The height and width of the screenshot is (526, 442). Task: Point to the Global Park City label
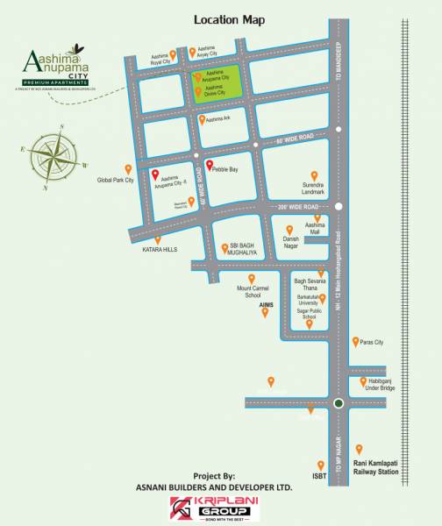(x=115, y=180)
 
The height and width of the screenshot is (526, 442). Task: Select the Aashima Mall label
(x=315, y=227)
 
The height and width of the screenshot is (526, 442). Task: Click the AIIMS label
(x=267, y=303)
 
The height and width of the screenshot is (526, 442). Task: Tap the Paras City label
(x=374, y=342)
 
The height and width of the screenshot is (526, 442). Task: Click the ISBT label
(x=319, y=478)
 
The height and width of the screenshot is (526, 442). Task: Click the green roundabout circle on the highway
(x=338, y=403)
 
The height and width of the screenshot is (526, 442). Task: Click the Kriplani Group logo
(x=210, y=508)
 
